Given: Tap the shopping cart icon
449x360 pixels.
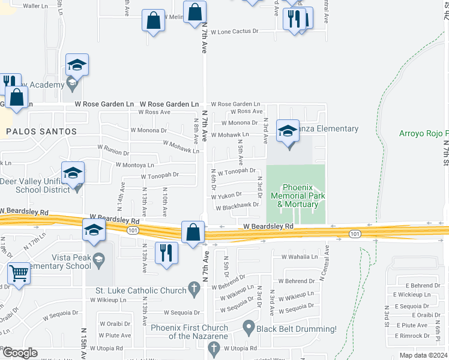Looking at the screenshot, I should coord(19,274).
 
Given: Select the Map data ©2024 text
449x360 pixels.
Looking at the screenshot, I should coord(423,355).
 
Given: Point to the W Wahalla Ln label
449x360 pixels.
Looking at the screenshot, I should coord(299,257).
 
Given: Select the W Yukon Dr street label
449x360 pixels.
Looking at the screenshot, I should coord(226,195).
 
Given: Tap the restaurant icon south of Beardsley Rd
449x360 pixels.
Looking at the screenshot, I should coord(167,253).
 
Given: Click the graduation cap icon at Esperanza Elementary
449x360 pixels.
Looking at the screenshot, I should coord(288,131).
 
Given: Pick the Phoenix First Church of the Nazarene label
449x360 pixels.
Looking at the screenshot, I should coord(189,332).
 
